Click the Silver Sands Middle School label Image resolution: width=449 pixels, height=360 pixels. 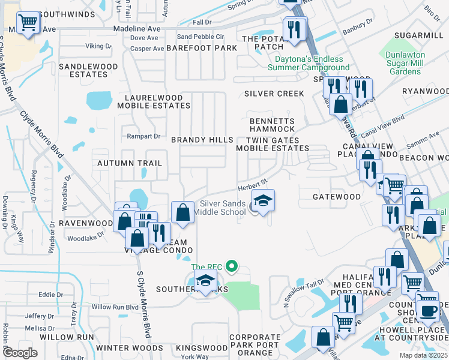[x=223, y=208]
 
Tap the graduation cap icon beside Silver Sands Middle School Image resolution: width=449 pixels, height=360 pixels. [x=263, y=201]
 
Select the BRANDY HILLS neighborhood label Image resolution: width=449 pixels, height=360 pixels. [x=202, y=140]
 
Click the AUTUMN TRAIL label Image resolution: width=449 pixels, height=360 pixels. [x=130, y=163]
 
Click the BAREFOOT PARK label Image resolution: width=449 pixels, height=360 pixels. [x=203, y=48]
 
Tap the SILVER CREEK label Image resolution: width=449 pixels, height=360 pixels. [x=274, y=94]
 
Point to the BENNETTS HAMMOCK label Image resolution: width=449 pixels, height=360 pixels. [x=272, y=125]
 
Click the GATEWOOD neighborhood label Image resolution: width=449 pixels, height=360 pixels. [x=337, y=197]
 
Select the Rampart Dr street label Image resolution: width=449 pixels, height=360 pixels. [x=142, y=136]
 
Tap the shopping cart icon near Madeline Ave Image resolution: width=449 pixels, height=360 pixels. [x=28, y=24]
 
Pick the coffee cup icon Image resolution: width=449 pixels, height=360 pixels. [x=429, y=311]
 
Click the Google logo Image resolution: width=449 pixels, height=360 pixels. [x=20, y=352]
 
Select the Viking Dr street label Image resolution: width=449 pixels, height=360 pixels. [x=98, y=46]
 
